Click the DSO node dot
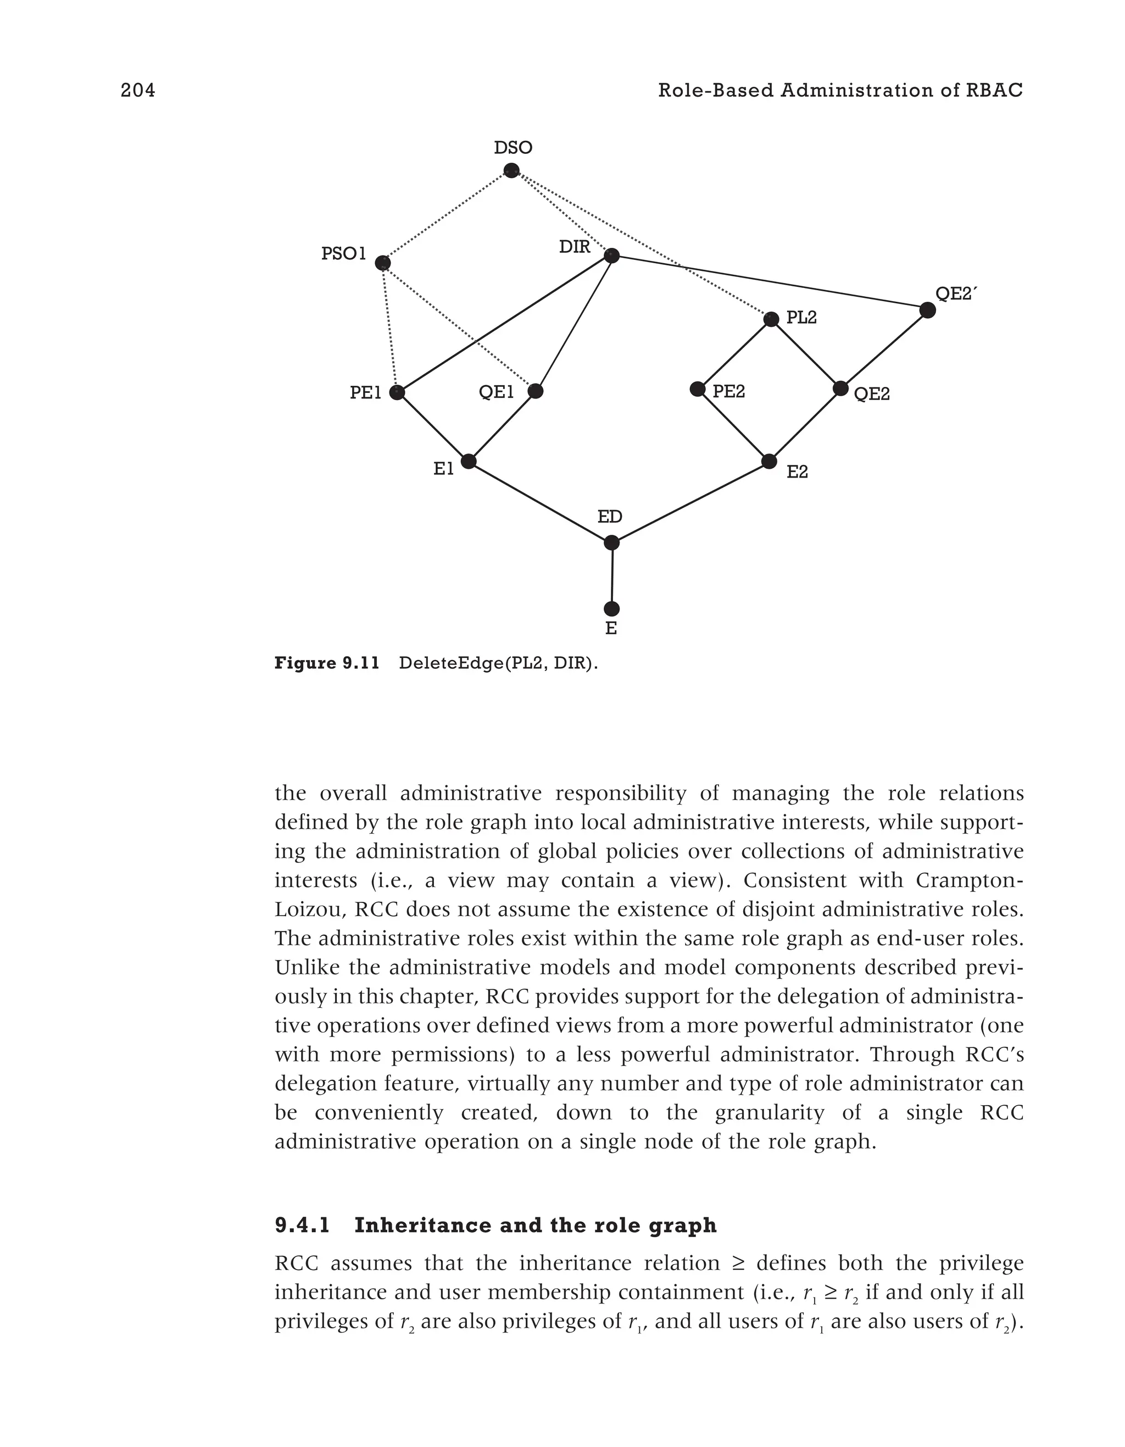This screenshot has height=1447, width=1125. (511, 170)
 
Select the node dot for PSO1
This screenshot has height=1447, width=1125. (383, 263)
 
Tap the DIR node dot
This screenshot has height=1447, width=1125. (612, 255)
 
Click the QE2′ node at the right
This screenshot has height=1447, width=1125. (928, 310)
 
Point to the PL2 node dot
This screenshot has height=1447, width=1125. (771, 319)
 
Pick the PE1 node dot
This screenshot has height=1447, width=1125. (397, 393)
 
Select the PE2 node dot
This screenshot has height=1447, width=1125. (697, 389)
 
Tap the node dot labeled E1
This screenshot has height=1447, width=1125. (468, 461)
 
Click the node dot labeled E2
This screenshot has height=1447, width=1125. (768, 461)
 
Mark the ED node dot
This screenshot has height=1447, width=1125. (612, 542)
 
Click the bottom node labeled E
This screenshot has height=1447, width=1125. (612, 608)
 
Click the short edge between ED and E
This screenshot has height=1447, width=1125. (612, 575)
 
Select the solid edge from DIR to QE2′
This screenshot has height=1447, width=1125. (768, 282)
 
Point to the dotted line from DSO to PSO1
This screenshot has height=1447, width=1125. (447, 217)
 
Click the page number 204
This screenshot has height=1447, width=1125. (138, 91)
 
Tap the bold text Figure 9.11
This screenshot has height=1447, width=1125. (326, 663)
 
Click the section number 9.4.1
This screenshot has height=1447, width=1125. (302, 1226)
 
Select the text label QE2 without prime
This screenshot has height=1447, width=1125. (871, 395)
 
